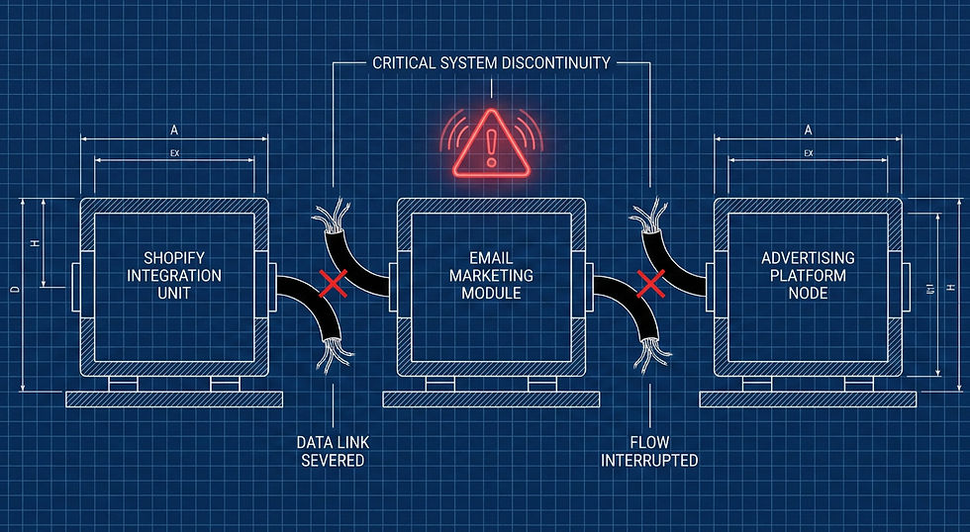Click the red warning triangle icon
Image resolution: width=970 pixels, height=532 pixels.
pos(492,143)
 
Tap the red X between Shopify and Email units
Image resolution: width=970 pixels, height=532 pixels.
pos(334,285)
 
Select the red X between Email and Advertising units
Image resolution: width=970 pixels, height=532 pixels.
pos(650,285)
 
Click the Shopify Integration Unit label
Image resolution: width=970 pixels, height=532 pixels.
pos(174,276)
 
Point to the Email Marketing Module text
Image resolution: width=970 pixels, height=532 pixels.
pos(491,276)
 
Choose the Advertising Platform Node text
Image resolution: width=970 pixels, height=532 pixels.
pos(808,276)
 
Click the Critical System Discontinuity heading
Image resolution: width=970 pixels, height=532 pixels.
pos(492,63)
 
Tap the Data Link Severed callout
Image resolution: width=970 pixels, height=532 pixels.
pos(333,451)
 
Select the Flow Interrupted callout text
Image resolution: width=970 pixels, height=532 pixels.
pos(649,451)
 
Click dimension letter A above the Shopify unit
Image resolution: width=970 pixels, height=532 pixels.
pos(174,130)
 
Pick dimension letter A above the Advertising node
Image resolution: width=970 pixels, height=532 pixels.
pos(808,130)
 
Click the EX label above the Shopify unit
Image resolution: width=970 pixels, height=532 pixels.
pos(174,153)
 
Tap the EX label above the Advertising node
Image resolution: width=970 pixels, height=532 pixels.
pos(808,153)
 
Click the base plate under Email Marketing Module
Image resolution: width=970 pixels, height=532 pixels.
pos(491,399)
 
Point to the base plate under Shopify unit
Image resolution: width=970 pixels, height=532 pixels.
pos(174,399)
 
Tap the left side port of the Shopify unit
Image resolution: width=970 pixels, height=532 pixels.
pos(75,285)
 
